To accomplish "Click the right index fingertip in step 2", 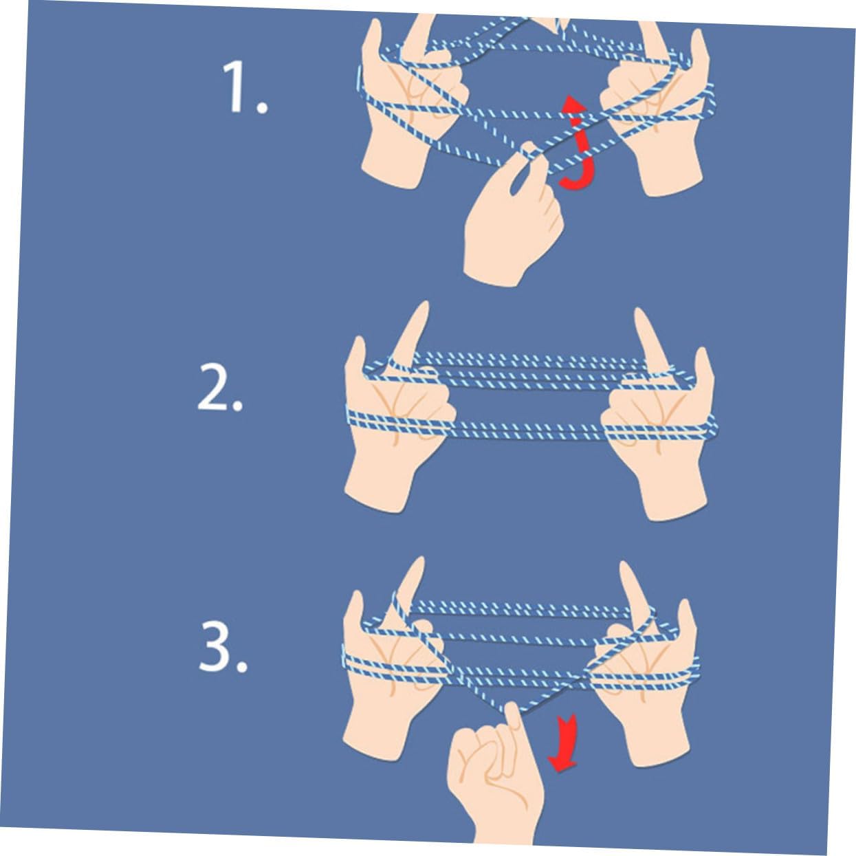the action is [x=638, y=311].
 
